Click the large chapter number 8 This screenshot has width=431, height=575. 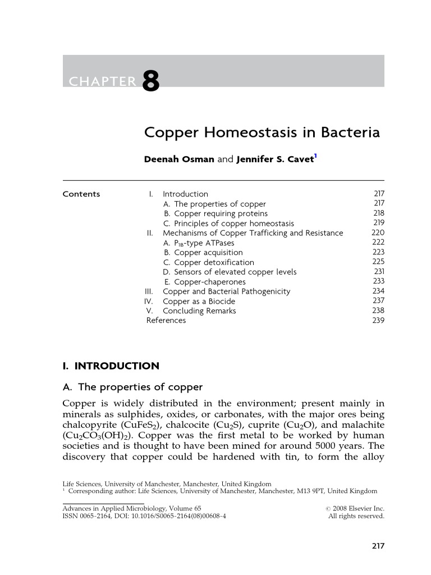(151, 82)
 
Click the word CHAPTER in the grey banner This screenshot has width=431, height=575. (102, 82)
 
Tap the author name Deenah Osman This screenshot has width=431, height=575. (179, 159)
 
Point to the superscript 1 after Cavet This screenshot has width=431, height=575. (316, 156)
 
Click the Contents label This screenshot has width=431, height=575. (81, 194)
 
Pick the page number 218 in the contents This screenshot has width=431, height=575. (378, 213)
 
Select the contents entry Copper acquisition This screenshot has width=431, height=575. (208, 253)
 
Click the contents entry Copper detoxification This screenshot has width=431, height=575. (214, 262)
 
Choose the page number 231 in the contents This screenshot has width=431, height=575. (379, 272)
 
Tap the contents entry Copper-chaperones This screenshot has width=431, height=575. (209, 282)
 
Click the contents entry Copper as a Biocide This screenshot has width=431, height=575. (199, 301)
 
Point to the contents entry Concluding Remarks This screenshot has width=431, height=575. (199, 311)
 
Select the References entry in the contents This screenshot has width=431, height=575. (166, 320)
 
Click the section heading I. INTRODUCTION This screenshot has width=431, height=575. (111, 366)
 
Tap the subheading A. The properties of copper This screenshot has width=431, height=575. (132, 387)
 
